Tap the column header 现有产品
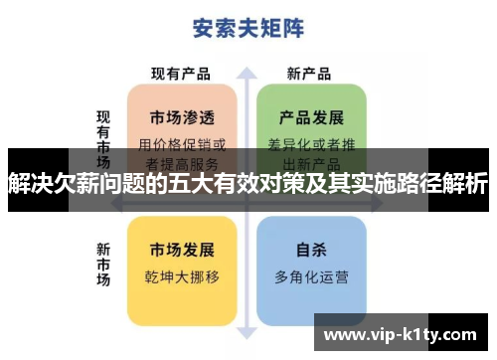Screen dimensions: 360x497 pos(181,74)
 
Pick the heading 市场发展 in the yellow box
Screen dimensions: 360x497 pos(181,248)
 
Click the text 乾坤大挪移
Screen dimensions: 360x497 pos(181,275)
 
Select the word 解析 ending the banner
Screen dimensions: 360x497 pos(464,182)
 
